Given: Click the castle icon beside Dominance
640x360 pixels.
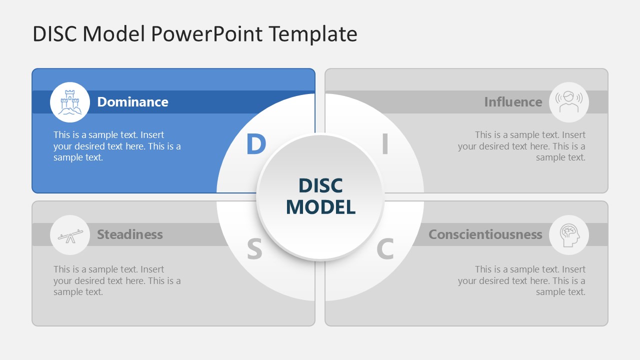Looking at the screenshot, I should tap(70, 102).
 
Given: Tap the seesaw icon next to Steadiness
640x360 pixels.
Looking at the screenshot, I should tap(70, 235).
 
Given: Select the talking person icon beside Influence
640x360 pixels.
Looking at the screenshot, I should tap(569, 102).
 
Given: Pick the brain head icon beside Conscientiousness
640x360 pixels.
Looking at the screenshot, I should tap(569, 235).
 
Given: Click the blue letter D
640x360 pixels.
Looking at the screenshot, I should tap(255, 144).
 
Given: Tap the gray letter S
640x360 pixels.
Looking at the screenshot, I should tap(254, 249).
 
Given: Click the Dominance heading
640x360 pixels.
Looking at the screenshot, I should tap(132, 102).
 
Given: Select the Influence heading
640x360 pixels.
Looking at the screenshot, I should tap(513, 102).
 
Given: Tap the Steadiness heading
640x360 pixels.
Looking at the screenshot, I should tap(130, 234).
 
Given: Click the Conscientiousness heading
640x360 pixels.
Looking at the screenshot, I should tap(485, 234).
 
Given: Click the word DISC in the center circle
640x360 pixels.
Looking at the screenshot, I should tap(320, 185).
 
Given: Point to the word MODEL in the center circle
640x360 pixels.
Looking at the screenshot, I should tap(320, 207).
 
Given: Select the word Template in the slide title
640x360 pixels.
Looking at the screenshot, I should tap(312, 34).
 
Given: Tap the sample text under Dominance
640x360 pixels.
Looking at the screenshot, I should tap(117, 146).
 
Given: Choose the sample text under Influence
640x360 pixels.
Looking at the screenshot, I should tap(521, 146).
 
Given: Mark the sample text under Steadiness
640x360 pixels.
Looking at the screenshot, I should tap(117, 280).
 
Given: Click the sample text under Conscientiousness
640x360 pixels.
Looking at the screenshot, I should tap(521, 280).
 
